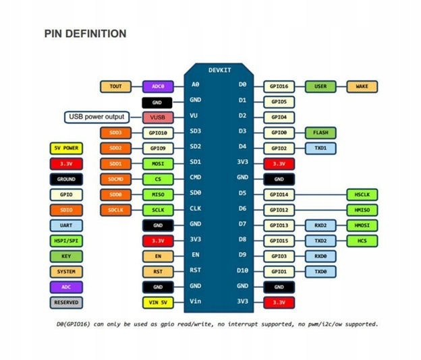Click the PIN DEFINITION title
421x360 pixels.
pyautogui.click(x=85, y=34)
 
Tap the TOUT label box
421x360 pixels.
pyautogui.click(x=116, y=87)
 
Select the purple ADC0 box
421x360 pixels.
pyautogui.click(x=158, y=87)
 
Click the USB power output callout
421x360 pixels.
pyautogui.click(x=96, y=117)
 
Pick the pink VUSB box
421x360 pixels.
pyautogui.click(x=158, y=117)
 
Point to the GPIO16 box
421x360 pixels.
pyautogui.click(x=279, y=87)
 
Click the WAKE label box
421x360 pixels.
pyautogui.click(x=362, y=87)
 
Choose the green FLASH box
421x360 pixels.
pyautogui.click(x=320, y=133)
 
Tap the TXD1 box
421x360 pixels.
pyautogui.click(x=320, y=148)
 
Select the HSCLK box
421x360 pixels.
pyautogui.click(x=362, y=195)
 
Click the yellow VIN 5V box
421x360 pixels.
pyautogui.click(x=158, y=303)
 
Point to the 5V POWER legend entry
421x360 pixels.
pyautogui.click(x=66, y=148)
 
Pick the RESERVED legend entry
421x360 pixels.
pyautogui.click(x=66, y=303)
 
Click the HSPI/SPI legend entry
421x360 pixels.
pyautogui.click(x=66, y=241)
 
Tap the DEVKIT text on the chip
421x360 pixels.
pyautogui.click(x=220, y=70)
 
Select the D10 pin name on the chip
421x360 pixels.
pyautogui.click(x=242, y=270)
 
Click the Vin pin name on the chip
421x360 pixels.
pyautogui.click(x=196, y=301)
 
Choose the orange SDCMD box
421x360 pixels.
pyautogui.click(x=116, y=179)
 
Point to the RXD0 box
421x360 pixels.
pyautogui.click(x=320, y=256)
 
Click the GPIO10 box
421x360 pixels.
pyautogui.click(x=158, y=133)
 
